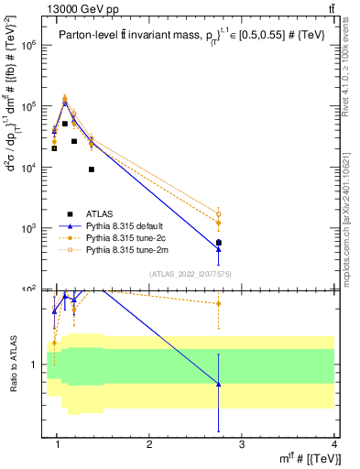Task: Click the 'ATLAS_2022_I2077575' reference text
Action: coord(191,273)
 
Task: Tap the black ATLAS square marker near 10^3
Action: coord(218,243)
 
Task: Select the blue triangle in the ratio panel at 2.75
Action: coord(218,384)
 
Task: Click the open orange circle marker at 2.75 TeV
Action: coord(218,214)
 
